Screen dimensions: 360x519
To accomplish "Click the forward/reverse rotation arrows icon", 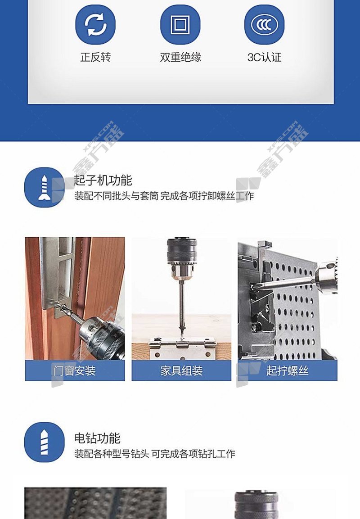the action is coord(95,24).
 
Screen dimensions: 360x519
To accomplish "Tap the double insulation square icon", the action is coord(180,24).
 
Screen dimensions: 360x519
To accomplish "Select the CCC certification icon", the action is coord(264,24).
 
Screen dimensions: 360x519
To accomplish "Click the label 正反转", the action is coord(95,57).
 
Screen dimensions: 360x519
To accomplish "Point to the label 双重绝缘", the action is coord(180,57).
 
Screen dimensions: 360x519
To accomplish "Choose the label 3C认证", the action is coord(265,57).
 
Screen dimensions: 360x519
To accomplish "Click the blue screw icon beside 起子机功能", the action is coord(45,187).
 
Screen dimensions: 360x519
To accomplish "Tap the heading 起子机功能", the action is coord(103,181).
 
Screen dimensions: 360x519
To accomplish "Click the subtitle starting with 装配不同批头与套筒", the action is coord(164,196).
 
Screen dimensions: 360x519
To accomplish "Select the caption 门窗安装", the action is coord(75,370).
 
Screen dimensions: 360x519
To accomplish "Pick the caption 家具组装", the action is coord(181,370).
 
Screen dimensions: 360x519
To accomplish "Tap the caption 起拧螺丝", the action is coord(287,370).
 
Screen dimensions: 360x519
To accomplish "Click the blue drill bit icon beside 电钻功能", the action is coord(45,442).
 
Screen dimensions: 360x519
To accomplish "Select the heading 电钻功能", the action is coord(97,438).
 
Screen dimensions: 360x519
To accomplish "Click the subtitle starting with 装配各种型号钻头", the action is coord(154,453).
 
